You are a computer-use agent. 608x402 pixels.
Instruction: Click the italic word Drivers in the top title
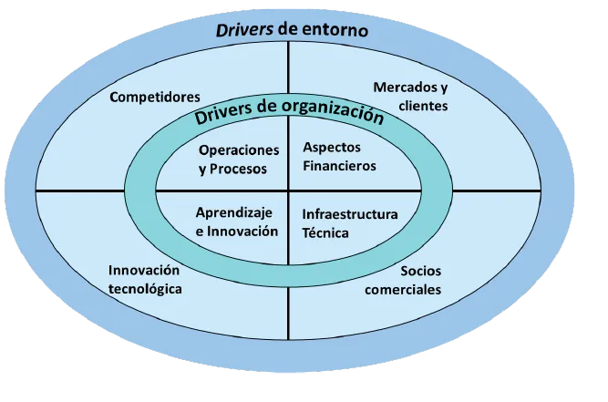pyautogui.click(x=245, y=28)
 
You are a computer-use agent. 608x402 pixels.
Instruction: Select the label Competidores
pyautogui.click(x=155, y=96)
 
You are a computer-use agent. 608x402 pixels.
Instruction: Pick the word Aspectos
pyautogui.click(x=332, y=148)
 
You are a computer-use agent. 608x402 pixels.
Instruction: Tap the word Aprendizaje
pyautogui.click(x=236, y=212)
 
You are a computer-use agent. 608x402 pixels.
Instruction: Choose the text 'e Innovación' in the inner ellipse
pyautogui.click(x=236, y=231)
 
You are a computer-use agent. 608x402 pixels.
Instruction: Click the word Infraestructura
pyautogui.click(x=349, y=214)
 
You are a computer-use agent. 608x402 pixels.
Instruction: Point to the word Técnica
pyautogui.click(x=325, y=232)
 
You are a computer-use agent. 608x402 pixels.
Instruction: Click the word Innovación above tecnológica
pyautogui.click(x=144, y=271)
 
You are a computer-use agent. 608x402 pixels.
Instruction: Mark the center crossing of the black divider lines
pyautogui.click(x=288, y=191)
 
